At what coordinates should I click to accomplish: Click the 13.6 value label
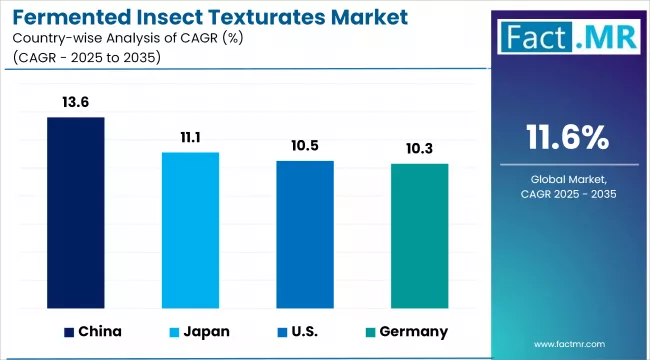(x=76, y=103)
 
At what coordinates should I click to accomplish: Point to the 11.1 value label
(x=190, y=138)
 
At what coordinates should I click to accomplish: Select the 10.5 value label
(x=305, y=146)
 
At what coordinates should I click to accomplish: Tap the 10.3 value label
(x=419, y=149)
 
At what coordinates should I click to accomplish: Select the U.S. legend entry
(x=300, y=331)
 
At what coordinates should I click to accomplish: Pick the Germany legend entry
(x=405, y=331)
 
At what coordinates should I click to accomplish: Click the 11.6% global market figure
(x=567, y=137)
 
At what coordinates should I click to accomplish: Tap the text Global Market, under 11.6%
(x=567, y=177)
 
